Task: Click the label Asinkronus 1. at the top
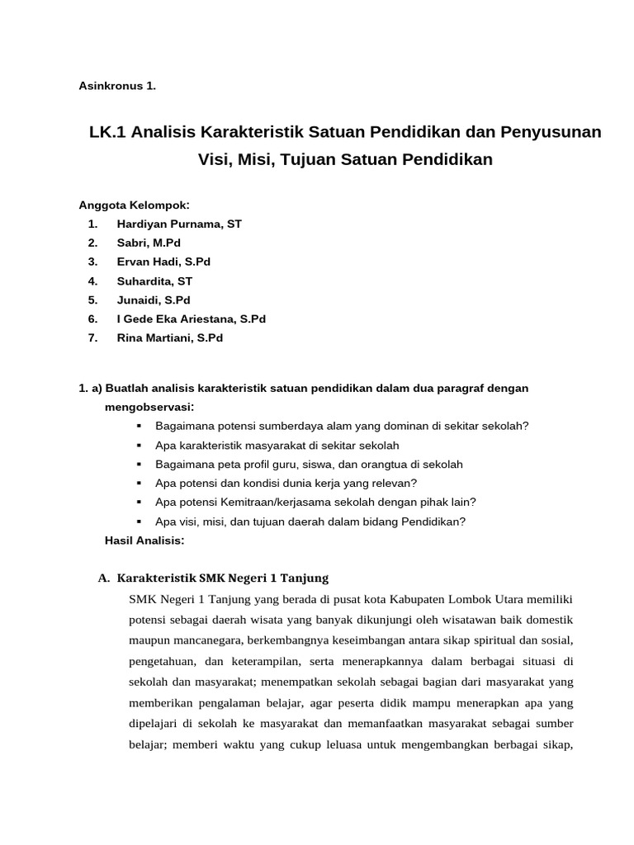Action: [117, 86]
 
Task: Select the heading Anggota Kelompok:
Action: [134, 205]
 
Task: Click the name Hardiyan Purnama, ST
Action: [179, 224]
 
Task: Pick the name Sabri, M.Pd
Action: [149, 243]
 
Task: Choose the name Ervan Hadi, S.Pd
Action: [163, 262]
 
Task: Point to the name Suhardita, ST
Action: [154, 281]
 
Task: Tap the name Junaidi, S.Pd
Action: [154, 300]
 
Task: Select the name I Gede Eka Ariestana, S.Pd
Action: [192, 319]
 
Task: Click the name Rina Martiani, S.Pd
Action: [170, 338]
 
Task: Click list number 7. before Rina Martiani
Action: [92, 338]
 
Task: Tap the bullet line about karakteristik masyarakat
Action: [277, 445]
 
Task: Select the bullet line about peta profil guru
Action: [309, 464]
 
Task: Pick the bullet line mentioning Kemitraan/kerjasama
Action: [315, 502]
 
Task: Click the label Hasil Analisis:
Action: [144, 541]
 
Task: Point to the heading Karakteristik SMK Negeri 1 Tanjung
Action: [223, 578]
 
